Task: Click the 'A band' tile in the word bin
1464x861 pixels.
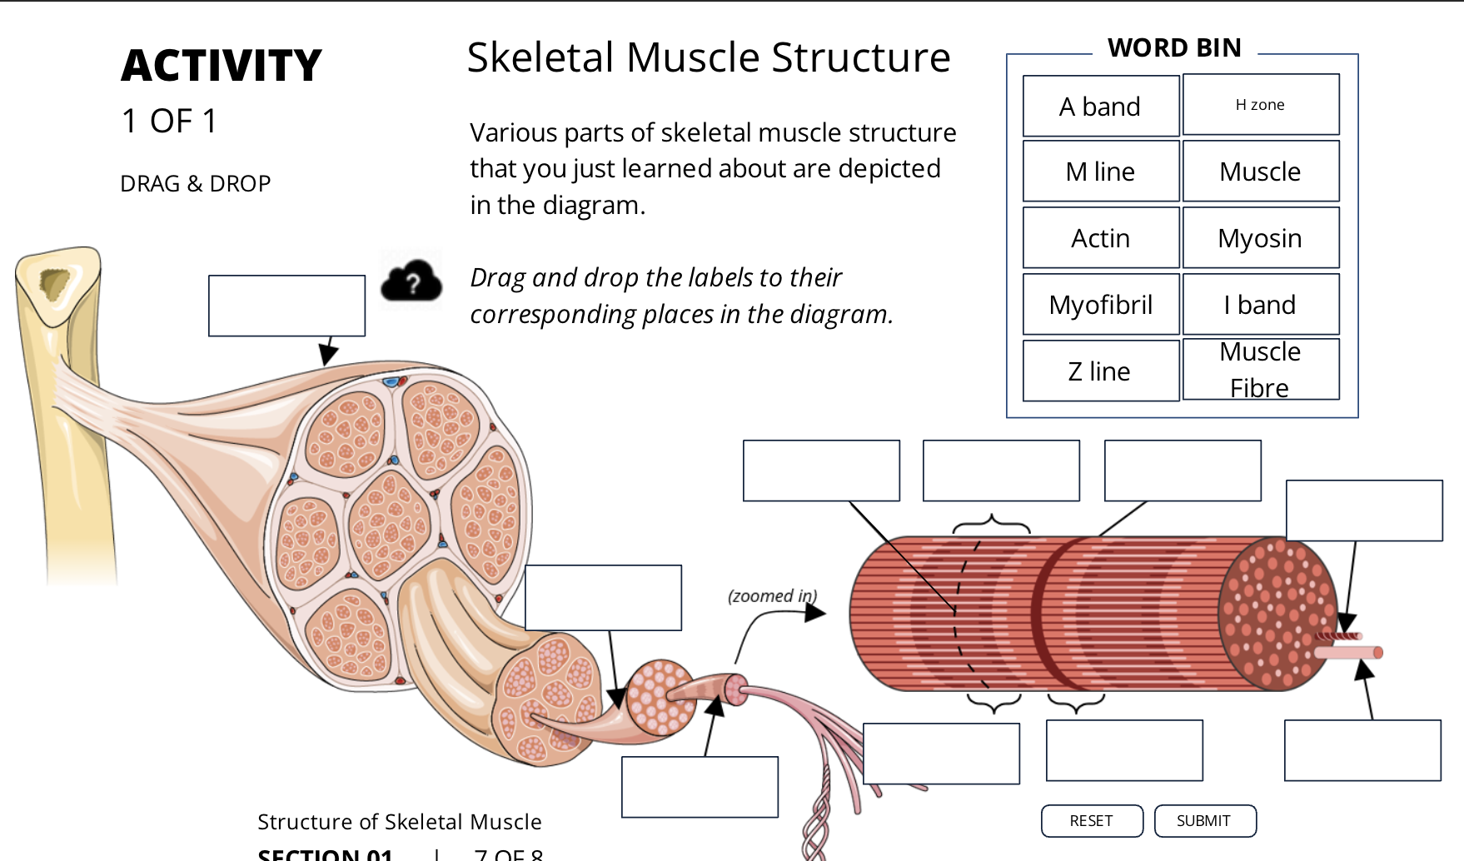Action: (x=1100, y=107)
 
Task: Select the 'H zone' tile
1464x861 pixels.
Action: (x=1260, y=105)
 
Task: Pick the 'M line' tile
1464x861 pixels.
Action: (x=1100, y=172)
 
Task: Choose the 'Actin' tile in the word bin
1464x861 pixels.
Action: (x=1100, y=238)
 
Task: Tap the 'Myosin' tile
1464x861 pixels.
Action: (x=1260, y=238)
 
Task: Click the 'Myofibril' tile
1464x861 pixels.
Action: (x=1100, y=305)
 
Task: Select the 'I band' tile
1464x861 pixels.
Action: (x=1260, y=305)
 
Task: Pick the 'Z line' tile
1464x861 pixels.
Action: (x=1100, y=371)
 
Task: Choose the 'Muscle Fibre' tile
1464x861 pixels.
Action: (x=1260, y=370)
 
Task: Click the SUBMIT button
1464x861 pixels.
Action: (x=1204, y=821)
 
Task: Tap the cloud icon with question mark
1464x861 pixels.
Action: (x=411, y=281)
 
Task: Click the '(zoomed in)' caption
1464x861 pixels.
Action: (x=772, y=596)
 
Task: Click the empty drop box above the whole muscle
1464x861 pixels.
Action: (x=286, y=306)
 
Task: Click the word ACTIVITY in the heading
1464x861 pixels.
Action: (x=222, y=66)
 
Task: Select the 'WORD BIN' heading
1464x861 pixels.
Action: (x=1174, y=48)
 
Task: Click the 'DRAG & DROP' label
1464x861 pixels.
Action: (x=196, y=183)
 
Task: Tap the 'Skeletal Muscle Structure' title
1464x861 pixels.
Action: (x=709, y=57)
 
